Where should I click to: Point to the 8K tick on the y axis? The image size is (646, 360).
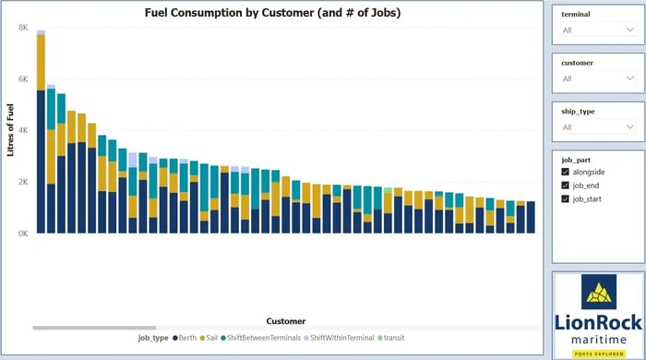tap(22, 28)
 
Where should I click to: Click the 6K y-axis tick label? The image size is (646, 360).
tap(22, 79)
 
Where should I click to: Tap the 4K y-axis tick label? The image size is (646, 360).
tap(22, 130)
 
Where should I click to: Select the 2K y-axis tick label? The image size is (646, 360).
tap(22, 182)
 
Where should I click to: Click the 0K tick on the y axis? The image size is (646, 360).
tap(22, 234)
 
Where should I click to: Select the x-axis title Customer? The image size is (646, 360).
tap(286, 321)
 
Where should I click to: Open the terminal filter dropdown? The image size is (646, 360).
tap(598, 30)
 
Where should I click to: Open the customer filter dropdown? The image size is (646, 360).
tap(598, 78)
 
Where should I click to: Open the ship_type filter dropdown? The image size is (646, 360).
tap(598, 126)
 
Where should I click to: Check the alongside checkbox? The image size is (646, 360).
tap(566, 172)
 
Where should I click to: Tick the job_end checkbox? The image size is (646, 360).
tap(566, 186)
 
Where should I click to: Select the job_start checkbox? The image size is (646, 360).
tap(566, 198)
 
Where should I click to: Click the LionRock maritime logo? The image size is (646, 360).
tap(598, 313)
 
